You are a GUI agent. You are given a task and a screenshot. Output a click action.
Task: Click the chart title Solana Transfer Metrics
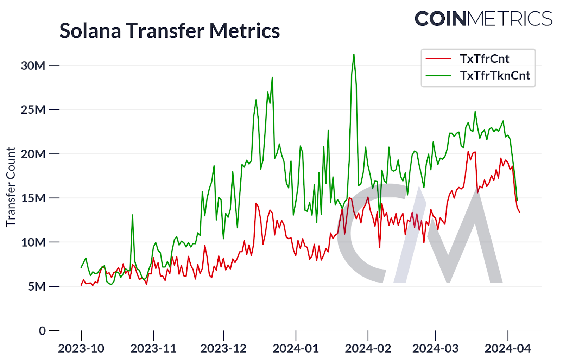[x=169, y=31]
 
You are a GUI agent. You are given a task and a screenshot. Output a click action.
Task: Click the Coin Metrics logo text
[x=483, y=19]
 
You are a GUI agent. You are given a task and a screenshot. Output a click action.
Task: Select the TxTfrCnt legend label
[x=485, y=59]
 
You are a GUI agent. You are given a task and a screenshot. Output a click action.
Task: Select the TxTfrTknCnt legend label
[x=495, y=76]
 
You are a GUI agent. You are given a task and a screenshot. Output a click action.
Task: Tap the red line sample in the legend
[x=438, y=59]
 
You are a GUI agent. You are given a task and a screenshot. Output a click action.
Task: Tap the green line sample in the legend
[x=438, y=76]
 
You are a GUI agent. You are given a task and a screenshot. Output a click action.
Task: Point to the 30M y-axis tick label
[x=33, y=66]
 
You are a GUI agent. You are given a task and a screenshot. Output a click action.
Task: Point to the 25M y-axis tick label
[x=33, y=110]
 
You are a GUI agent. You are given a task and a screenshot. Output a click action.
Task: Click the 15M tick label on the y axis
[x=33, y=198]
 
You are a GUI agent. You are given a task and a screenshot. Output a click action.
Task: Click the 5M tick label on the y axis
[x=37, y=287]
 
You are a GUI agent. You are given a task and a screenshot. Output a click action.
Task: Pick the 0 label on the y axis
[x=42, y=331]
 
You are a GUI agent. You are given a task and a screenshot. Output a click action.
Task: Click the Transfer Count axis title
[x=11, y=187]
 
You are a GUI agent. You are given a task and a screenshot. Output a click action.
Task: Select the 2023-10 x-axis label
[x=81, y=349]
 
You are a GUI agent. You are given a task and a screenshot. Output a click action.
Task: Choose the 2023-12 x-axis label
[x=223, y=349]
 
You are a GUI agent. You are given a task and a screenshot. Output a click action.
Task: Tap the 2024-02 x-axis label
[x=368, y=349]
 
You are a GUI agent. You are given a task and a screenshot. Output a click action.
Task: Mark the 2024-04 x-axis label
[x=507, y=349]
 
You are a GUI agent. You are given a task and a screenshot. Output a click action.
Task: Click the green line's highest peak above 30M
[x=354, y=55]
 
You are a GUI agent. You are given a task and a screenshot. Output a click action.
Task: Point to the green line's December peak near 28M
[x=272, y=78]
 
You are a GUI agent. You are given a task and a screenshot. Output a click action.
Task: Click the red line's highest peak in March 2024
[x=468, y=152]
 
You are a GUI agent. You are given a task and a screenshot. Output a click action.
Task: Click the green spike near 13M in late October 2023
[x=132, y=215]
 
